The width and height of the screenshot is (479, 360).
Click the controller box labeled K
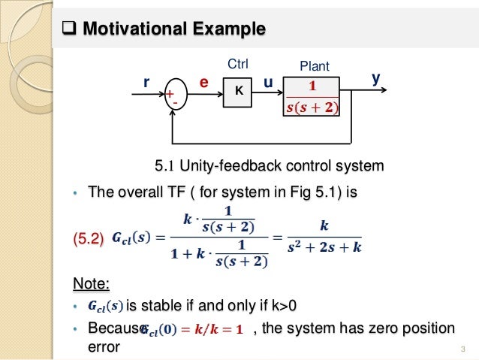tap(238, 90)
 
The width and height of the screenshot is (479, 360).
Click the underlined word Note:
tap(91, 283)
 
